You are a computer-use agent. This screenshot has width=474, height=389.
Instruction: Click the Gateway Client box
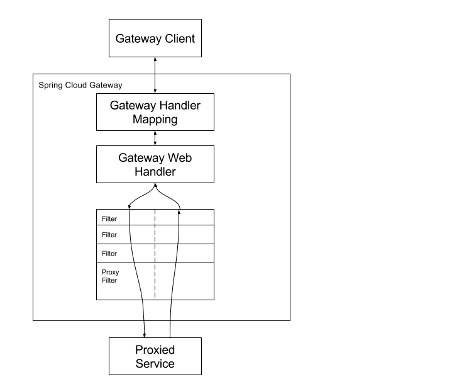click(155, 39)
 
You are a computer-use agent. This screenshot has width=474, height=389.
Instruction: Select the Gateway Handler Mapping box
click(155, 112)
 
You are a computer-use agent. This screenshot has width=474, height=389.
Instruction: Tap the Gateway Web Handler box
click(155, 164)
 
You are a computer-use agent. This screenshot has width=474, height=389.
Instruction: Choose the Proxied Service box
click(155, 356)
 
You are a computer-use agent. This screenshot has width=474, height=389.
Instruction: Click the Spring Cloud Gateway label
click(80, 84)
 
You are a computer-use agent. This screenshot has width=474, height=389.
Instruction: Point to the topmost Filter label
click(109, 219)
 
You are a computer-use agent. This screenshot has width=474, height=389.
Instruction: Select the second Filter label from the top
click(109, 235)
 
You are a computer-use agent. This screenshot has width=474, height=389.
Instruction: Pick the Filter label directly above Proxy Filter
click(109, 254)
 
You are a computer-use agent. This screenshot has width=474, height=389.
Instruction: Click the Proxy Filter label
click(111, 276)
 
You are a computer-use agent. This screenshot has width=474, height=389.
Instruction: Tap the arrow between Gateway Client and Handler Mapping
click(155, 74)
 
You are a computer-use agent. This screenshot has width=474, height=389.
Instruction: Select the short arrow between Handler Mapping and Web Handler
click(155, 138)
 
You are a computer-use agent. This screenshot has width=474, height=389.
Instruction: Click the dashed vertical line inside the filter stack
click(155, 264)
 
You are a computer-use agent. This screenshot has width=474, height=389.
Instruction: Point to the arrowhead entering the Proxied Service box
click(145, 334)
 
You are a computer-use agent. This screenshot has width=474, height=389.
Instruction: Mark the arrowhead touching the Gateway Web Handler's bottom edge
click(155, 186)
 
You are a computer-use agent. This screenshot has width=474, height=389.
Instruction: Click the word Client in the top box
click(179, 39)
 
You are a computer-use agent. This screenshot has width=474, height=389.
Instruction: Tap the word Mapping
click(155, 119)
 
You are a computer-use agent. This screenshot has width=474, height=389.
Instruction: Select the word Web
click(179, 157)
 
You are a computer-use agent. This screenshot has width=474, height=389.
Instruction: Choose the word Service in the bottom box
click(155, 363)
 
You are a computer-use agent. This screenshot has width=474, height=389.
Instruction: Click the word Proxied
click(155, 349)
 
